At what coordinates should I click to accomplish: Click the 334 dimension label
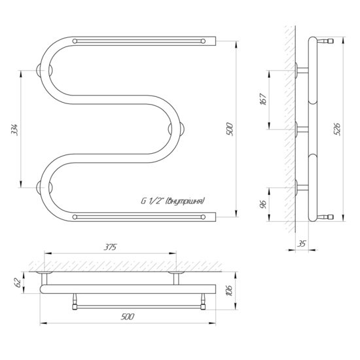tap(14, 130)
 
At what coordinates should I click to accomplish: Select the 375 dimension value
tap(110, 247)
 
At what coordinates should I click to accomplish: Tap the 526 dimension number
tap(337, 129)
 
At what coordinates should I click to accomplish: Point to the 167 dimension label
tap(263, 99)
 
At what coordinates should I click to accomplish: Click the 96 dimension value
tap(263, 204)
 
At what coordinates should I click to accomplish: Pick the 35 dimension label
tap(301, 243)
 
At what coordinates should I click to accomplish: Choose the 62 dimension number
tap(18, 282)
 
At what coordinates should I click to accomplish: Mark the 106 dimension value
tap(230, 291)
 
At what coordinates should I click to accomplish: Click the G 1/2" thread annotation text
tap(172, 201)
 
